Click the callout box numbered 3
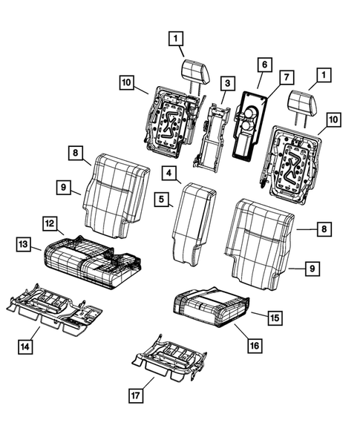pyautogui.click(x=228, y=84)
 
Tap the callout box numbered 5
pyautogui.click(x=161, y=199)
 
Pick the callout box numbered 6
pyautogui.click(x=264, y=65)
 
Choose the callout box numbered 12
pyautogui.click(x=48, y=222)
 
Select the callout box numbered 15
pyautogui.click(x=275, y=317)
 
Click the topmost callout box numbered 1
pyautogui.click(x=176, y=36)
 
